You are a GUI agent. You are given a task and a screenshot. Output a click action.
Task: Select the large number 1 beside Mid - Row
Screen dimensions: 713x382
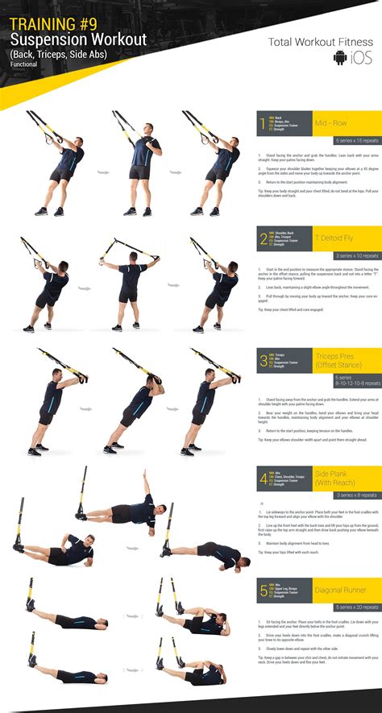tap(261, 126)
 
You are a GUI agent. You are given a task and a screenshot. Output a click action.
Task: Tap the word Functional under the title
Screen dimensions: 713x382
tap(25, 64)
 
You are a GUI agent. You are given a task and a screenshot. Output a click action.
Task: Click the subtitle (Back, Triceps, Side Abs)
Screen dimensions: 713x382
tap(57, 53)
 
